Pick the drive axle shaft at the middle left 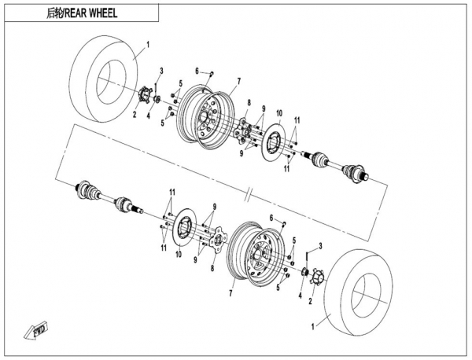click(102, 195)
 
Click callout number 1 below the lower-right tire click(314, 325)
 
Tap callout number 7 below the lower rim click(230, 292)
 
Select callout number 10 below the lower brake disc click(177, 255)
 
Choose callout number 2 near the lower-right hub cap click(311, 300)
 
